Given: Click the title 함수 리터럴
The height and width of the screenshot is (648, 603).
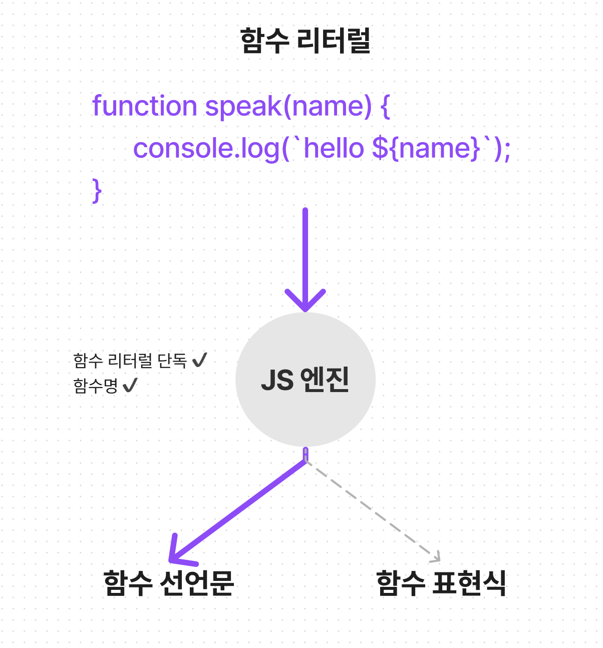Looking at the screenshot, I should [x=305, y=41].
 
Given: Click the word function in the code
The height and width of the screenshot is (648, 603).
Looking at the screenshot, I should [x=145, y=106].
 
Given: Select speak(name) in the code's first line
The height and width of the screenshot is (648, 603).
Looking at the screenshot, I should [x=288, y=106].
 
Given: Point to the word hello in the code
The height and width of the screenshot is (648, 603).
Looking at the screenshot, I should [x=334, y=149].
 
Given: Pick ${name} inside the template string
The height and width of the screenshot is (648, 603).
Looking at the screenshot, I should [x=426, y=149].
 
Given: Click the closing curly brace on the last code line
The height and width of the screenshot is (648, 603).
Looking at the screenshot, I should [x=97, y=191].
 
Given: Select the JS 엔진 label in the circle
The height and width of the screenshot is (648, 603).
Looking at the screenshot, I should [x=305, y=380].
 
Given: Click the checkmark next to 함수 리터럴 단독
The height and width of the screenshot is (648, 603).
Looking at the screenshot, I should [x=199, y=360].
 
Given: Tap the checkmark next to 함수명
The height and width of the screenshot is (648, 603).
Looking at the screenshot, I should [x=130, y=386].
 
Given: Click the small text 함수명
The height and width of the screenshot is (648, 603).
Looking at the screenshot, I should [x=95, y=386].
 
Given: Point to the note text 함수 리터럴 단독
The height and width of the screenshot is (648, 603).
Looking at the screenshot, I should [x=130, y=360].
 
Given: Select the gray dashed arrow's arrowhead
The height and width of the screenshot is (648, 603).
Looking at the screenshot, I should [x=436, y=557].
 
